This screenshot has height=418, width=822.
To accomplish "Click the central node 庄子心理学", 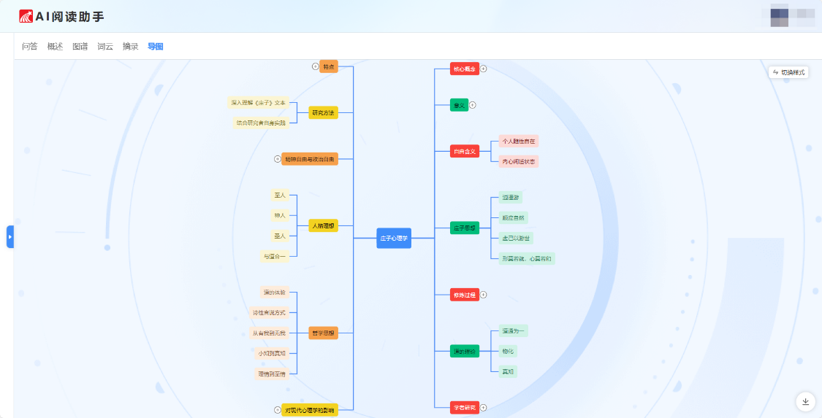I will pos(394,238).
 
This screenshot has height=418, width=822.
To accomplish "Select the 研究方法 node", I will pos(323,112).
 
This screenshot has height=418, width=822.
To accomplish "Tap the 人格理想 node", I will pos(323,226).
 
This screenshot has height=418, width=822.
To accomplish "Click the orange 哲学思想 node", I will pos(323,333).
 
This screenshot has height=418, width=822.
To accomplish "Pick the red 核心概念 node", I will pos(464,69).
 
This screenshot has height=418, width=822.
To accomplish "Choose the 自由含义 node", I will pos(464,151).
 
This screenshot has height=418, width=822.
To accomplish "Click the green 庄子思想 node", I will pos(464,228).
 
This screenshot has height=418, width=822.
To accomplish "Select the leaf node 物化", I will pos(507,351).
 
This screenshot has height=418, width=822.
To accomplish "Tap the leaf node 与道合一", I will pos(275,256).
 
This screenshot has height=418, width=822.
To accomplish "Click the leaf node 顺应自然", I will pos(512,217).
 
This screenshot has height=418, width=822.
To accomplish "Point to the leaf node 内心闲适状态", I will pos(518,161).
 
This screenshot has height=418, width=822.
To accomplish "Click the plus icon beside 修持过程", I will pos(483,295).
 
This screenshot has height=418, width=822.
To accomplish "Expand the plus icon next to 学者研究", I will pos(483,407).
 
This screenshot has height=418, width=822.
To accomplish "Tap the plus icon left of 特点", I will pos(315,66).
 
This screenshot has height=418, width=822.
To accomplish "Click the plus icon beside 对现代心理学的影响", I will pos(277,410).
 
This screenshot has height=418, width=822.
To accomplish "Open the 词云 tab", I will pos(105,47).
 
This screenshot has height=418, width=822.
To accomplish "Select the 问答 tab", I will pos(29,47).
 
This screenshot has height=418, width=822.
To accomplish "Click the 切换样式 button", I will pos(788,72).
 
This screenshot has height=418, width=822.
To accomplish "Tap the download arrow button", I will pos(805,401).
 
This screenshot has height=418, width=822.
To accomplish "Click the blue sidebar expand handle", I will pos(10,236).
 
